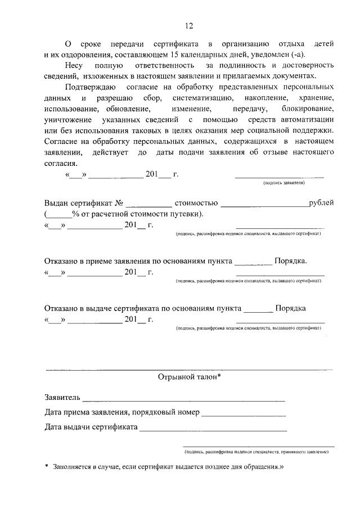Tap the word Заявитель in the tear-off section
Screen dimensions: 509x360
coord(62,398)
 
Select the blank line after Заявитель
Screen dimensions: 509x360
coord(183,400)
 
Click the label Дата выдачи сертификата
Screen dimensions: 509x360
coord(91,427)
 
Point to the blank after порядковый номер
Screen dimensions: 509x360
coord(243,415)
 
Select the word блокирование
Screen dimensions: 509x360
coord(308,109)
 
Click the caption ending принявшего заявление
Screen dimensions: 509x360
coord(256,452)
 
